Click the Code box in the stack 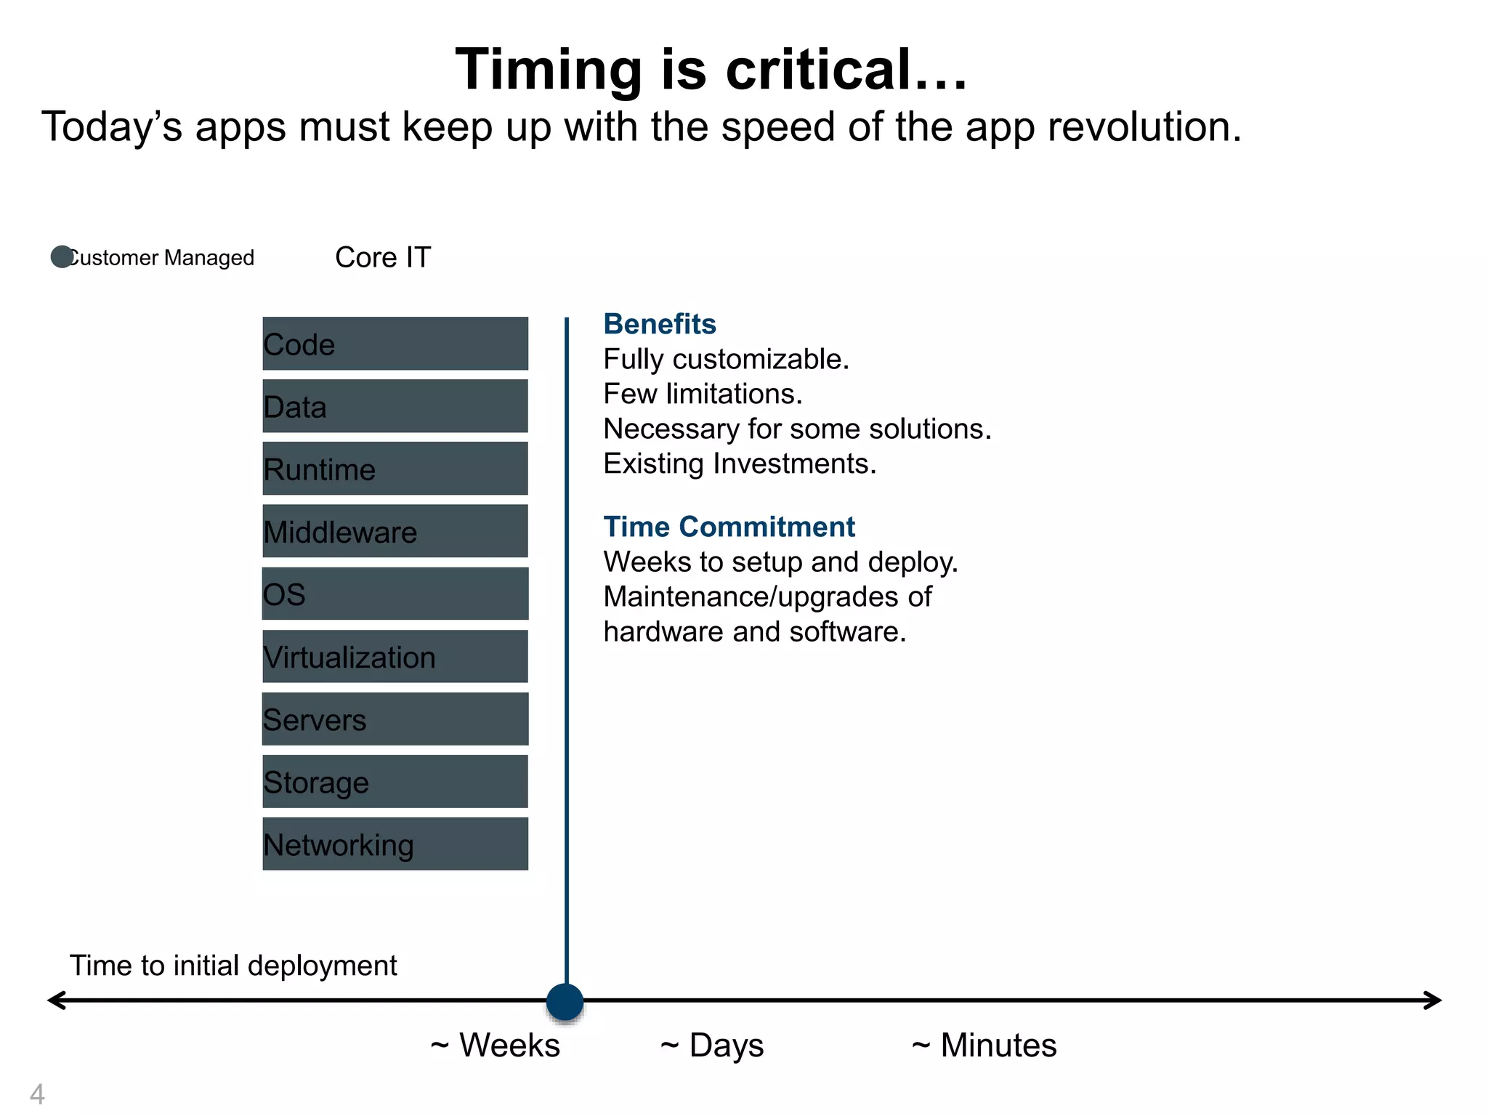tap(395, 344)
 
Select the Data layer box tap(395, 406)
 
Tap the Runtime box tap(395, 469)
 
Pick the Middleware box tap(395, 531)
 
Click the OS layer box tap(395, 594)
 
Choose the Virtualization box tap(395, 656)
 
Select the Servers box tap(395, 719)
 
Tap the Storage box tap(395, 781)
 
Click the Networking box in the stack tap(395, 844)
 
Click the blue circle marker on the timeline tap(565, 1002)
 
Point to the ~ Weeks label tap(496, 1046)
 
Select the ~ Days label tap(712, 1046)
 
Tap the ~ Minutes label tap(984, 1046)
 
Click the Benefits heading tap(659, 324)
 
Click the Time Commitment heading tap(729, 527)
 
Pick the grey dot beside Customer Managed tap(61, 256)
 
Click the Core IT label tap(383, 257)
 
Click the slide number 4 tap(37, 1093)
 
